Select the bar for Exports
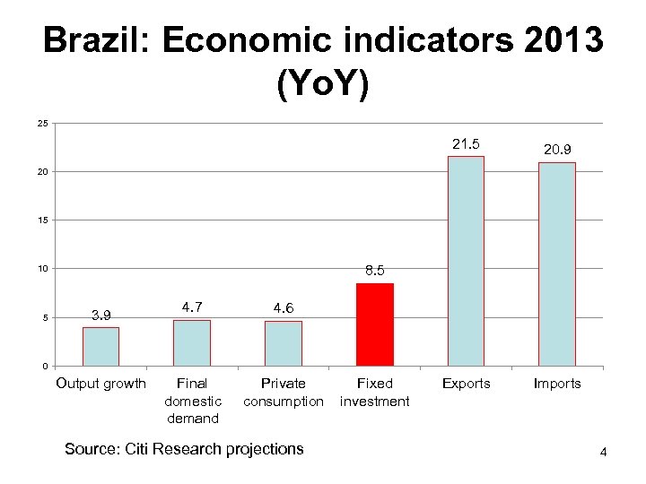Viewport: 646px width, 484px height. coord(466,261)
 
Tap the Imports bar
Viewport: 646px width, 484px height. coord(556,264)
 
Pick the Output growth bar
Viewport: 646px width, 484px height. coord(100,347)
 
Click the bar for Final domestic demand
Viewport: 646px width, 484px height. coord(192,343)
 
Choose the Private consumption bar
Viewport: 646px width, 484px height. coord(283,343)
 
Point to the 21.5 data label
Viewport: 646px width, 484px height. coord(466,144)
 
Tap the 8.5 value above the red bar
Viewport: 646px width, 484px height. coord(375,269)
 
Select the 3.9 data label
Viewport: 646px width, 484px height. coord(100,314)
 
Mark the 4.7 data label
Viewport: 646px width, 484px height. coord(192,307)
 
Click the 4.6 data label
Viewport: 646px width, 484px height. coord(284,307)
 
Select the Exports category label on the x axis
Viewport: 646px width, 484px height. coord(466,384)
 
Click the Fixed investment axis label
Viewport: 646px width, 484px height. coord(374,393)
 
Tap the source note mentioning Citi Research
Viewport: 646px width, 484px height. coord(184,448)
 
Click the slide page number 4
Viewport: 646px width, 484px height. coord(604,453)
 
